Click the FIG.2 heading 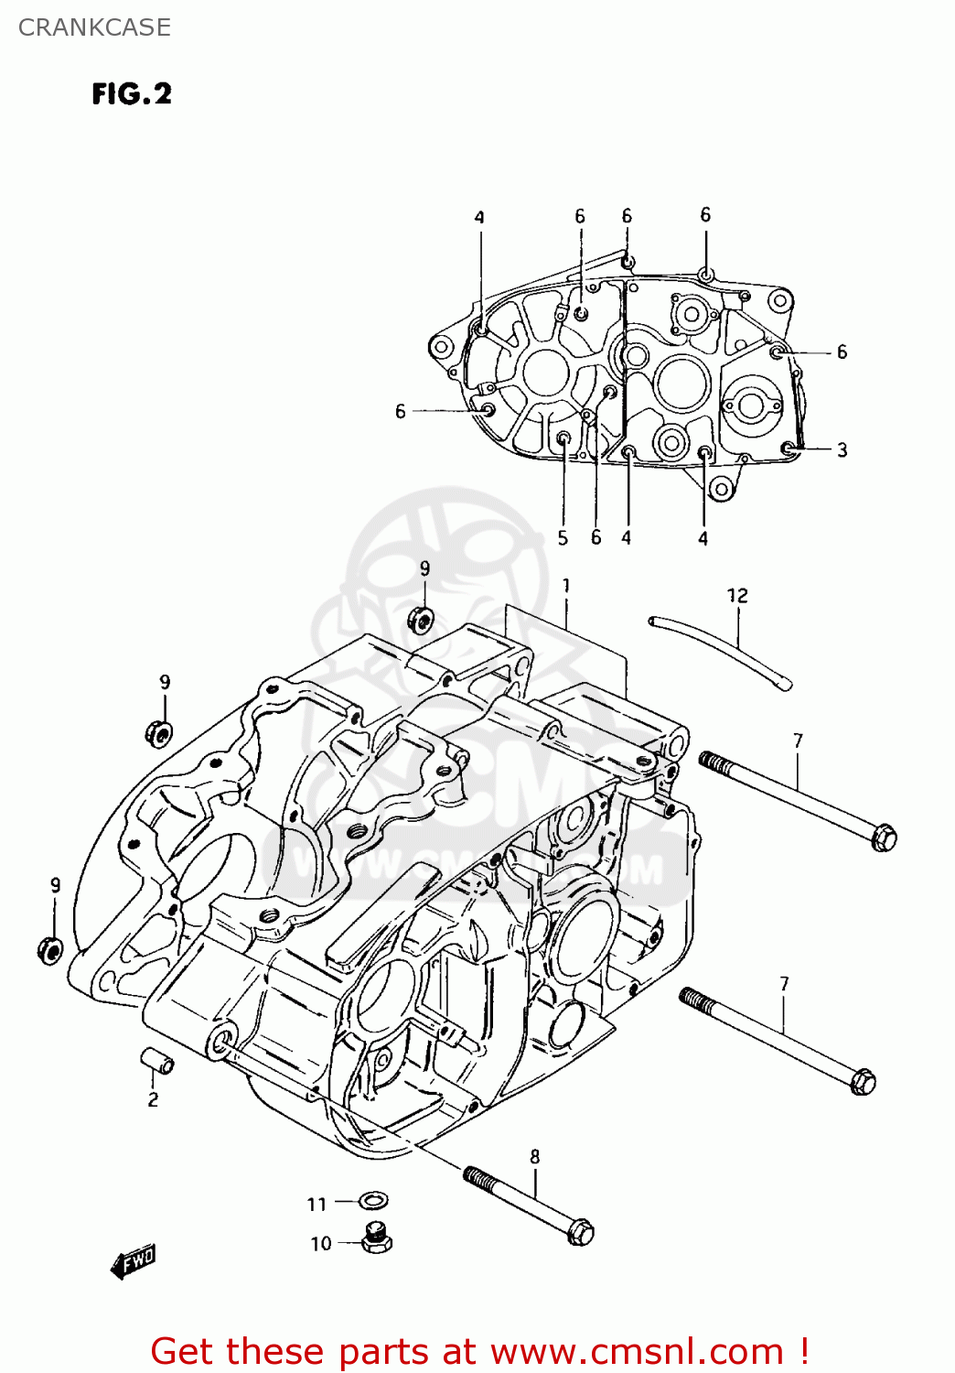[x=132, y=94]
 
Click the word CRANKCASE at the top [x=94, y=27]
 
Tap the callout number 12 [x=737, y=596]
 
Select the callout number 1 [x=566, y=585]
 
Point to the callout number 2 [x=153, y=1099]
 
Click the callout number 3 [x=842, y=449]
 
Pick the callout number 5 [x=563, y=538]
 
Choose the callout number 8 [x=535, y=1157]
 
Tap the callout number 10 [x=320, y=1243]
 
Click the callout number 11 [x=317, y=1204]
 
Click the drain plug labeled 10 [x=376, y=1238]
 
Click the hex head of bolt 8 [x=580, y=1232]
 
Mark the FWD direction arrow [x=134, y=1262]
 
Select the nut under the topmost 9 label [x=420, y=620]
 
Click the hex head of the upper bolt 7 [x=884, y=838]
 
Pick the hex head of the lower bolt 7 [x=862, y=1082]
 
